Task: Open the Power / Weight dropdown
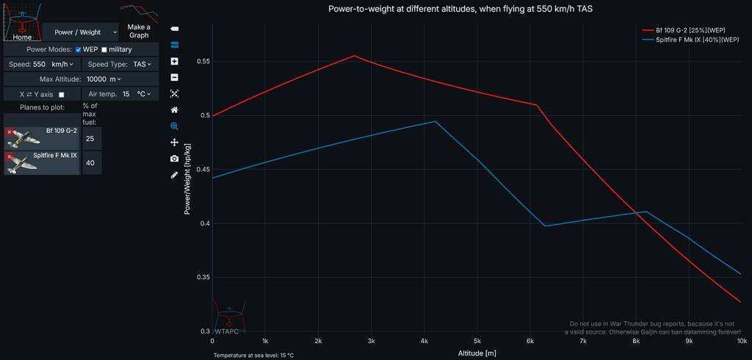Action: tap(81, 32)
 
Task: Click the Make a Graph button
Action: tap(139, 31)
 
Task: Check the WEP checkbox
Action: tap(79, 49)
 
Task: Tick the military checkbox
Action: tap(104, 49)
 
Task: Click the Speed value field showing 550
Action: tap(39, 65)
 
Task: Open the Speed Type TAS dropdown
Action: tap(137, 65)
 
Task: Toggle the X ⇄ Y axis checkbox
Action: tap(62, 95)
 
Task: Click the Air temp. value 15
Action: tap(126, 94)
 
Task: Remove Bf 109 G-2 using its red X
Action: tap(9, 132)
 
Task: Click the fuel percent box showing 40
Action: tap(90, 163)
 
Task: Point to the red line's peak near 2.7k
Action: tap(355, 56)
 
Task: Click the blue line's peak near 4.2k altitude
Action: tap(435, 121)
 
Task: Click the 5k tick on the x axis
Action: tap(477, 342)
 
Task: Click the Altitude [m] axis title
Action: tap(477, 353)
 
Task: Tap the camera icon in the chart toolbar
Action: tap(174, 159)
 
